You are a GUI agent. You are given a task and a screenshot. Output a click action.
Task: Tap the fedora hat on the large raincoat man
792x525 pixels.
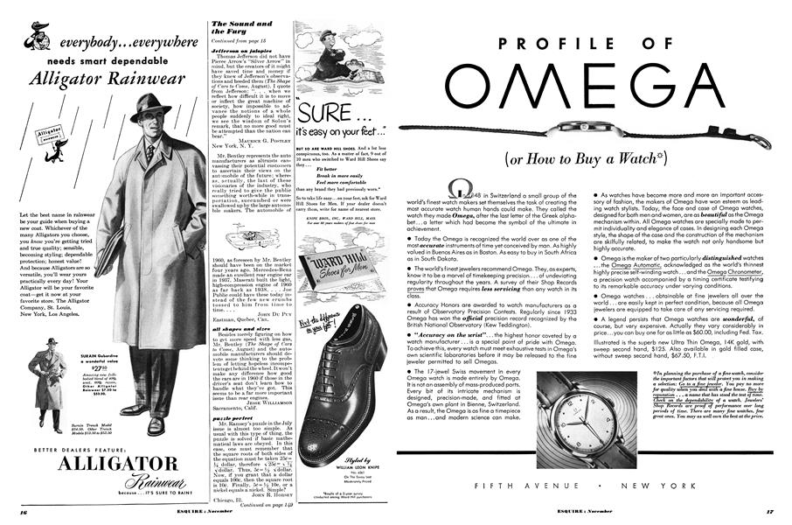coord(149,108)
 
